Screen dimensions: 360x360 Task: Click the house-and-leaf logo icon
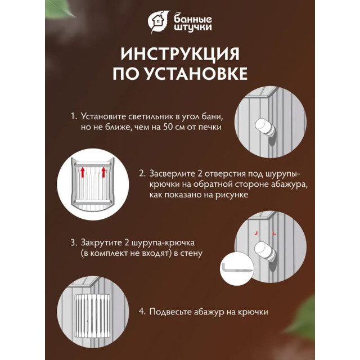157,21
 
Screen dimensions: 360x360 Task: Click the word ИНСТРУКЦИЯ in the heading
179,54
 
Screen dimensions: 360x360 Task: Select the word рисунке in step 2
232,195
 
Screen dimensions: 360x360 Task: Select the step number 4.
142,310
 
